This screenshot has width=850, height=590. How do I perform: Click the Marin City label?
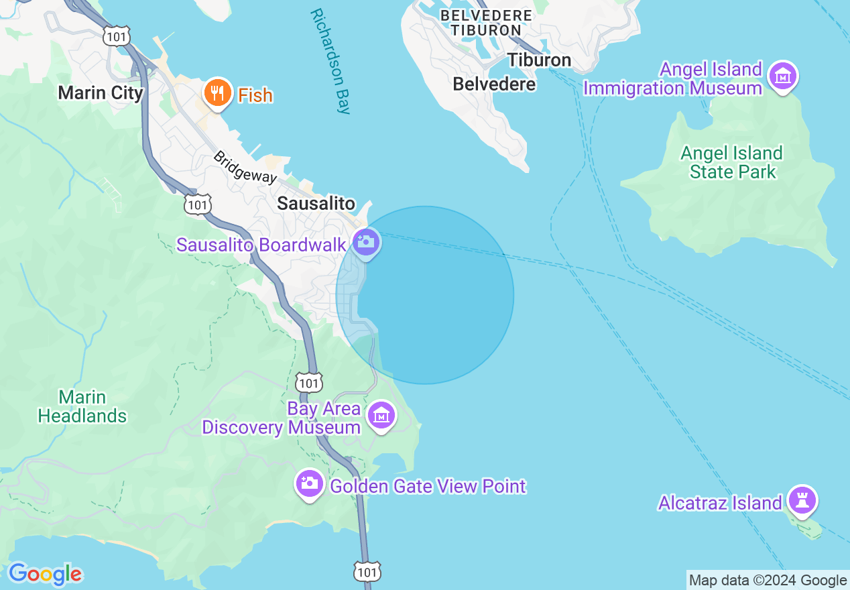(x=101, y=93)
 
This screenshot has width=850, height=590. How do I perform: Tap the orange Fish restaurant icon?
(x=217, y=93)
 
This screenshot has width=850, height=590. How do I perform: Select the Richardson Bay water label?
(x=331, y=62)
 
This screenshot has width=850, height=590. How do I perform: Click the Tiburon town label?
(x=539, y=60)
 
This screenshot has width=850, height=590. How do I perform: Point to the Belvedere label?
(x=494, y=84)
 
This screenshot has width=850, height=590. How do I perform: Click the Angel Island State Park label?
(x=732, y=162)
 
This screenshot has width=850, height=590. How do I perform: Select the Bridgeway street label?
(x=245, y=167)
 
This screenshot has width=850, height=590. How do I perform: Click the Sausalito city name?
(x=316, y=203)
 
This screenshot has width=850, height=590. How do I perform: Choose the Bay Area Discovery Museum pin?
(x=381, y=416)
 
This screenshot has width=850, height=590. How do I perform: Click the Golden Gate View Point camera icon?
(x=309, y=484)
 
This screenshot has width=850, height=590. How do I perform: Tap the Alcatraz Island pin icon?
(x=802, y=500)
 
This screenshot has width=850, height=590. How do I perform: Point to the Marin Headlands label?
(x=82, y=406)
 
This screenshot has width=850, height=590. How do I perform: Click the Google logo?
(x=45, y=574)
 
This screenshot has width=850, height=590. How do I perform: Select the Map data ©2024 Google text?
(x=768, y=581)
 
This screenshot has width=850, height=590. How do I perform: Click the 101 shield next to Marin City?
(x=117, y=36)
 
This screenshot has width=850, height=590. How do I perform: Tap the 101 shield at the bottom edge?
(x=367, y=571)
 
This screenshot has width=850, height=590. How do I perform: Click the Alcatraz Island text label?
(x=719, y=503)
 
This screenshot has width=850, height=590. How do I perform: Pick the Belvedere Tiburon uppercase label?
(x=486, y=22)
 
